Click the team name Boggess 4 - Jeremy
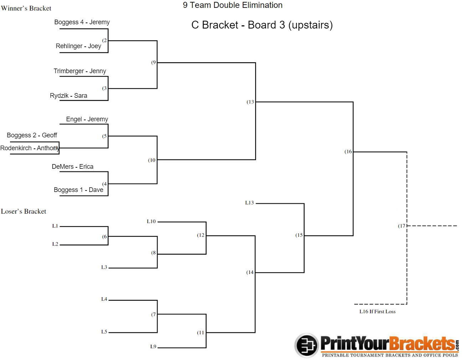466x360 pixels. [x=82, y=22]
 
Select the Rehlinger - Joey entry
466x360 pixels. [x=78, y=46]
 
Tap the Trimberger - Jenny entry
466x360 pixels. [x=80, y=71]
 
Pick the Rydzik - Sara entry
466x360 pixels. [x=68, y=96]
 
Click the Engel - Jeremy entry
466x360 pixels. [x=87, y=119]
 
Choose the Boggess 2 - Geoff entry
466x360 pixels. [x=32, y=135]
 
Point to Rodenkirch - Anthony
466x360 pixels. [x=30, y=148]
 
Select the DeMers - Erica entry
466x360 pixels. [x=72, y=167]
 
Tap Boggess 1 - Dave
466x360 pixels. [x=78, y=190]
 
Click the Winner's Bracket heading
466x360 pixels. [x=26, y=8]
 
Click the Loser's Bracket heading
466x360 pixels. [x=24, y=212]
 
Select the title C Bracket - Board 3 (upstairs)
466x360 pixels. [x=262, y=25]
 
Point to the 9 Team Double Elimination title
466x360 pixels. [x=232, y=5]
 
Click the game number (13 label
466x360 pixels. [x=250, y=102]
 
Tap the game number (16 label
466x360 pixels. [x=348, y=152]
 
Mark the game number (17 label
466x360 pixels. [x=401, y=226]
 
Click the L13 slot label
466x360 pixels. [x=249, y=203]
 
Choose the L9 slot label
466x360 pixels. [x=153, y=346]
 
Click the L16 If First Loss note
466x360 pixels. [x=377, y=311]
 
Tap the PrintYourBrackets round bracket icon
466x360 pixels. [x=306, y=345]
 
